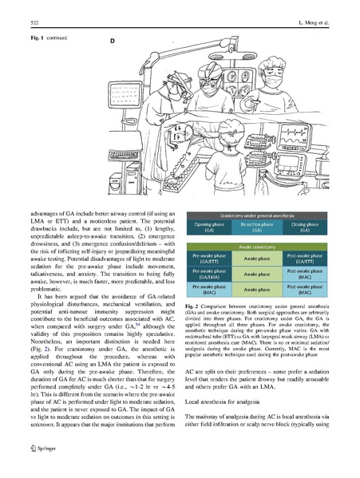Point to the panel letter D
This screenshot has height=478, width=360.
(x=113, y=39)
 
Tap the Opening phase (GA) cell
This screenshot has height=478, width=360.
(x=209, y=227)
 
